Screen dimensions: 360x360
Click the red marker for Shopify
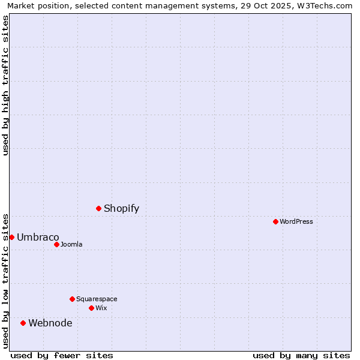pos(98,208)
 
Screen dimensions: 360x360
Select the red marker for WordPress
pos(275,221)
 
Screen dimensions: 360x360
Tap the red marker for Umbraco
pos(11,237)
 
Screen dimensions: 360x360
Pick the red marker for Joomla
pos(56,244)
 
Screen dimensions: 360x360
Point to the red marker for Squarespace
pos(72,299)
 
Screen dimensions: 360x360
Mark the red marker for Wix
pos(91,308)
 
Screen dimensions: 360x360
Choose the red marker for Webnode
pos(23,323)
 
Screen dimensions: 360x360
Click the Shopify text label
pos(121,208)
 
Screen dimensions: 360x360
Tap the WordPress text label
pos(296,221)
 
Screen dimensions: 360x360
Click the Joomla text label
pos(71,244)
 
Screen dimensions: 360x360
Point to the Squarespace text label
pos(97,299)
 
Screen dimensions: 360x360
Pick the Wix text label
pos(101,308)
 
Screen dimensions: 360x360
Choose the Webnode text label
pos(50,323)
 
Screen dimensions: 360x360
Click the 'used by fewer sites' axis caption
pos(62,355)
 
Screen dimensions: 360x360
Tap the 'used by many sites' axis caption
pos(301,355)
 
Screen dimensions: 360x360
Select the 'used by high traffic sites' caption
pos(5,85)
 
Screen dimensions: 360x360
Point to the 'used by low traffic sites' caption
pos(5,280)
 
